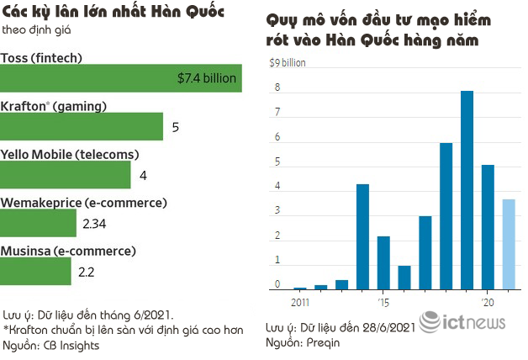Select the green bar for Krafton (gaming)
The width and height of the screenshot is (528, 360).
pyautogui.click(x=82, y=127)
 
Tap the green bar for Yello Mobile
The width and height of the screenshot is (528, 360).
pyautogui.click(x=66, y=175)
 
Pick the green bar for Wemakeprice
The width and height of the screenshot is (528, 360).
pyautogui.click(x=39, y=223)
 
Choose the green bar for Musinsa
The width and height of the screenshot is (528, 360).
pyautogui.click(x=36, y=271)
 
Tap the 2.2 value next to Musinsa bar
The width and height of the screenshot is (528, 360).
pyautogui.click(x=87, y=272)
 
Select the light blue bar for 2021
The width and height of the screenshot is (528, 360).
pyautogui.click(x=509, y=244)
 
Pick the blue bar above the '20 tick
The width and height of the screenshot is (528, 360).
pyautogui.click(x=488, y=227)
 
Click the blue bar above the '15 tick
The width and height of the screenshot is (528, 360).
pyautogui.click(x=383, y=262)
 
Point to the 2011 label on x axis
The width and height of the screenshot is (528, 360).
pyautogui.click(x=300, y=301)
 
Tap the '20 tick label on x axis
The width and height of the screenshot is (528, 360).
pyautogui.click(x=488, y=301)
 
